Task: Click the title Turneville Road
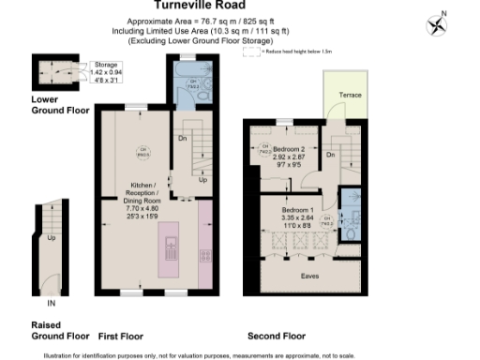tap(240, 5)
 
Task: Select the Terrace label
tap(350, 96)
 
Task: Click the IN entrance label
tap(52, 304)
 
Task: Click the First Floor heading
tap(120, 335)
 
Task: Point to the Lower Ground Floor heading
tap(60, 104)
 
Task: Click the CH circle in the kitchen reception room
tap(144, 152)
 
